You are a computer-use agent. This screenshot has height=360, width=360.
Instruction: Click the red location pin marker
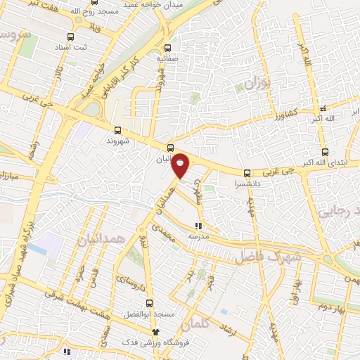pos(181,165)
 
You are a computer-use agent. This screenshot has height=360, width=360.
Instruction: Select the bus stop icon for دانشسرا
pos(247,173)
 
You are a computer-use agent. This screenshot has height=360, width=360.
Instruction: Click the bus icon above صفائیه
pos(167,49)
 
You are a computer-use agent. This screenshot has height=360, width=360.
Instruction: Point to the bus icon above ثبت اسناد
pos(70,37)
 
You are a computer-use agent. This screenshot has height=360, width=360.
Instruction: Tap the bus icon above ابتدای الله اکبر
pos(324,152)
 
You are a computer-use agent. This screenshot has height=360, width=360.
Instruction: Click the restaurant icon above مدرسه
pos(198,226)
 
